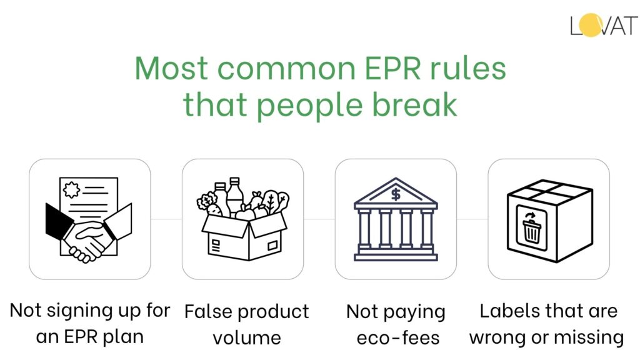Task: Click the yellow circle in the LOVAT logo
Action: (591, 26)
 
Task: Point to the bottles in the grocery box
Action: (227, 194)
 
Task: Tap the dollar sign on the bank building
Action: (396, 194)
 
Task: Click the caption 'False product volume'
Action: (246, 324)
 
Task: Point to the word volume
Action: (246, 337)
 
